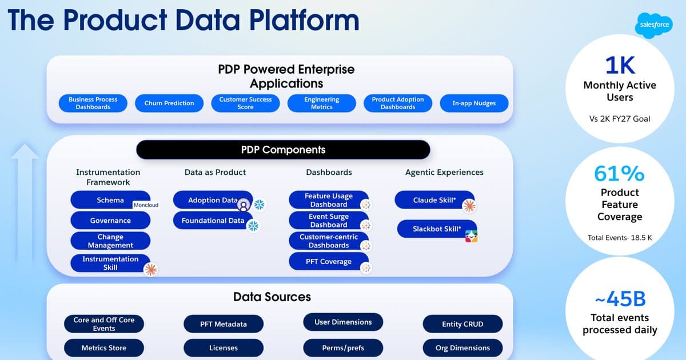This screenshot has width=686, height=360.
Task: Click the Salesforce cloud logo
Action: coord(654,25)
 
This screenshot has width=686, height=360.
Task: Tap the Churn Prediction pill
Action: coord(169,103)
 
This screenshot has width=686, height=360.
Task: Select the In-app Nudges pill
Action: coord(474,103)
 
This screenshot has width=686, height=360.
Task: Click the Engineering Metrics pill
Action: coord(321,103)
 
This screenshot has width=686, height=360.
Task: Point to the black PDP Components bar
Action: coord(284,150)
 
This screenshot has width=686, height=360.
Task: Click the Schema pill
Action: coord(110,200)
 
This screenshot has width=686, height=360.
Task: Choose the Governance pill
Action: coord(110,221)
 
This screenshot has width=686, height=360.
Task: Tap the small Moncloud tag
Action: coord(146,205)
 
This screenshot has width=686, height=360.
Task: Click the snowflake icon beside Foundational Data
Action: coord(253,226)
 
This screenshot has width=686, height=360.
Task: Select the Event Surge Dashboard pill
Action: coord(329,221)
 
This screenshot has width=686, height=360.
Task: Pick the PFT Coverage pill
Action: coord(329,262)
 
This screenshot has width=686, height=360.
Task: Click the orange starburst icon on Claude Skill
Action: coord(469,206)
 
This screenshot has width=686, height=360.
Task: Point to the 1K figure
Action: coord(620,65)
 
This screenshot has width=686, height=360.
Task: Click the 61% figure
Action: coord(619,173)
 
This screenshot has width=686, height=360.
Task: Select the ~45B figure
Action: coord(620,298)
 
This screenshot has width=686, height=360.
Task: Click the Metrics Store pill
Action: coord(104,348)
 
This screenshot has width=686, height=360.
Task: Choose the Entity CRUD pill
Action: coord(462,324)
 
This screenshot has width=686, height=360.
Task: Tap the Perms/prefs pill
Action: coord(343,348)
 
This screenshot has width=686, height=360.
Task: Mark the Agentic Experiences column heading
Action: coord(444,173)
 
